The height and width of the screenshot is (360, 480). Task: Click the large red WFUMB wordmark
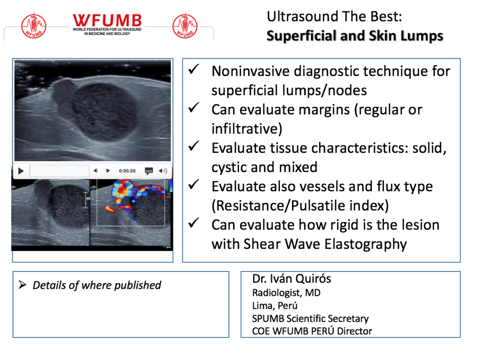pyautogui.click(x=107, y=21)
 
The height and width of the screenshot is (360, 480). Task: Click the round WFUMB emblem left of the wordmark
pyautogui.click(x=34, y=26)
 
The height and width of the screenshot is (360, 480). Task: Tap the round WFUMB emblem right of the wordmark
pyautogui.click(x=185, y=26)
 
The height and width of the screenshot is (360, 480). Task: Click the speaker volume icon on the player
pyautogui.click(x=163, y=171)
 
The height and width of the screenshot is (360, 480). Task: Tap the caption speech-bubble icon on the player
pyautogui.click(x=149, y=171)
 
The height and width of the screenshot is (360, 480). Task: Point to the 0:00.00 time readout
pyautogui.click(x=127, y=171)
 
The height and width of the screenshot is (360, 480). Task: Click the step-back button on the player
pyautogui.click(x=96, y=171)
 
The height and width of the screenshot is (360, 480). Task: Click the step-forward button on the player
pyautogui.click(x=108, y=171)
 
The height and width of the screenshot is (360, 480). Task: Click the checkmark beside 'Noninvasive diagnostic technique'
pyautogui.click(x=194, y=69)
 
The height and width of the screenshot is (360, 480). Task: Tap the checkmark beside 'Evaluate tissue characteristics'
pyautogui.click(x=194, y=146)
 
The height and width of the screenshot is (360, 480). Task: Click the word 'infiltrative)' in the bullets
pyautogui.click(x=247, y=128)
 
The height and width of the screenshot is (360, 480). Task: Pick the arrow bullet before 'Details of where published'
pyautogui.click(x=22, y=285)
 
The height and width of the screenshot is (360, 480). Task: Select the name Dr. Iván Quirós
pyautogui.click(x=292, y=278)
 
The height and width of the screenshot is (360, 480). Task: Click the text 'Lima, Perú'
pyautogui.click(x=275, y=306)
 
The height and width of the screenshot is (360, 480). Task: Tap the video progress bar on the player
pyautogui.click(x=60, y=171)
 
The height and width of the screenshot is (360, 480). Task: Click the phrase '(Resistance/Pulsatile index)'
pyautogui.click(x=300, y=206)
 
